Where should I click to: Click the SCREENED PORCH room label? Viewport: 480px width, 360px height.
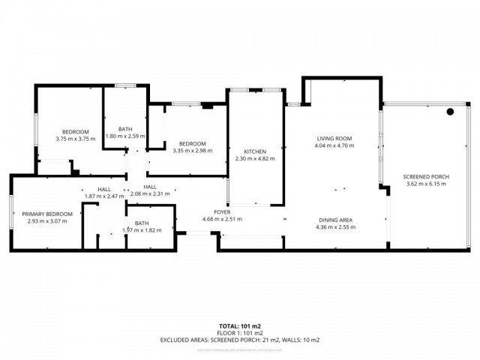(x=427, y=177)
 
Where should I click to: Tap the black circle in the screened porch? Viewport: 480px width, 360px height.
(x=450, y=112)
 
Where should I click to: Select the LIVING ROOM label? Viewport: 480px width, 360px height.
(x=334, y=139)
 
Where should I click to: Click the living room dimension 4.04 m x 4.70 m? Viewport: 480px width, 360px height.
(x=334, y=145)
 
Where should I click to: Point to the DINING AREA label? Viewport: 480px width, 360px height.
(x=334, y=220)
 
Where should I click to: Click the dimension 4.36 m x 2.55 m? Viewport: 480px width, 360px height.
(x=334, y=226)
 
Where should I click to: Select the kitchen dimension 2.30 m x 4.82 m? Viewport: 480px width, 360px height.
(x=255, y=158)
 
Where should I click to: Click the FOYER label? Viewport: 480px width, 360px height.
(x=221, y=211)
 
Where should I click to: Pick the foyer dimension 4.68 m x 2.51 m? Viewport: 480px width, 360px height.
(x=221, y=219)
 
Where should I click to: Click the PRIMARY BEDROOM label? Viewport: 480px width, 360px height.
(x=47, y=214)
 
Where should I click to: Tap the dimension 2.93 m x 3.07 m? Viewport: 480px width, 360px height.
(x=47, y=221)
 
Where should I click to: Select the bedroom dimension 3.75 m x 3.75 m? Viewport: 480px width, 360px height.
(x=75, y=139)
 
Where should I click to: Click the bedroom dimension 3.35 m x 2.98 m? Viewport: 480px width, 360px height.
(x=192, y=150)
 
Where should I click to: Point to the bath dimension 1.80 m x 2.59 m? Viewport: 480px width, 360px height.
(x=125, y=136)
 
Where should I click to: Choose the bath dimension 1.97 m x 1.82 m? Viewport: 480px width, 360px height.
(x=142, y=230)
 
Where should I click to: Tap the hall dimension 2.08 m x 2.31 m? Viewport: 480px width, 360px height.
(x=151, y=194)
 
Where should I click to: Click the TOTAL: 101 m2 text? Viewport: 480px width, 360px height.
(x=240, y=326)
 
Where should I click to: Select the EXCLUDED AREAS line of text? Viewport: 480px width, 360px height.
(x=240, y=340)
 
